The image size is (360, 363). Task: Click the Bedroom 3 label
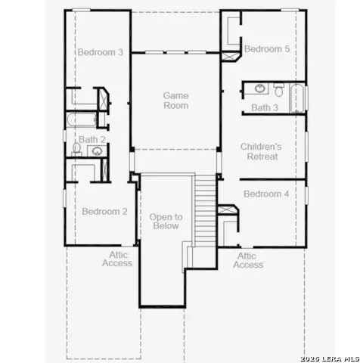pyautogui.click(x=100, y=52)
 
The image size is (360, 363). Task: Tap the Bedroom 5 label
pyautogui.click(x=266, y=48)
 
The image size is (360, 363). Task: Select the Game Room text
pyautogui.click(x=175, y=101)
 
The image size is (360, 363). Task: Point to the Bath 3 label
pyautogui.click(x=265, y=108)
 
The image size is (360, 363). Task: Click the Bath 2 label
pyautogui.click(x=92, y=139)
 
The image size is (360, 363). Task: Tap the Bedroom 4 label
pyautogui.click(x=265, y=194)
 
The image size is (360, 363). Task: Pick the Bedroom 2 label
pyautogui.click(x=104, y=212)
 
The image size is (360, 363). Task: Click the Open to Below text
pyautogui.click(x=164, y=221)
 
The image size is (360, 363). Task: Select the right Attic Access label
pyautogui.click(x=248, y=260)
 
